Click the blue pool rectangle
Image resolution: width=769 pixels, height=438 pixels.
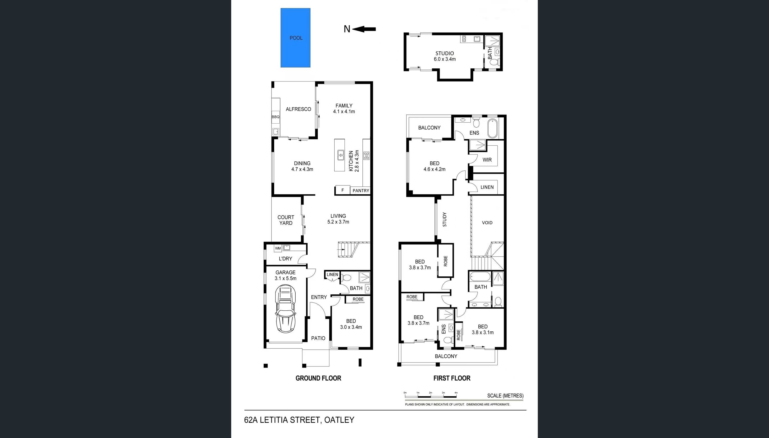tap(295, 38)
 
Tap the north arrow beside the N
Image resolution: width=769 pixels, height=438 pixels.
tap(364, 29)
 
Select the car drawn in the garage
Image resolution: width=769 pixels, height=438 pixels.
tap(286, 308)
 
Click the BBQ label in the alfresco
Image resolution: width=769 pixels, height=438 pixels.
tap(276, 117)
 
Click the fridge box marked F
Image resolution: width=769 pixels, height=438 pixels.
tap(343, 190)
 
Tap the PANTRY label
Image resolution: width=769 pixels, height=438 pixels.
tap(361, 190)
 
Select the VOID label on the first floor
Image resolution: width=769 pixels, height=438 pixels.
tap(487, 223)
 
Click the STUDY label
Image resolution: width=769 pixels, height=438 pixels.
tap(445, 219)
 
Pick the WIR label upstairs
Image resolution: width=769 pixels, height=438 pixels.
tap(487, 160)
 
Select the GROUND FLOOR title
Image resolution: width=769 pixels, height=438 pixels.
tap(318, 378)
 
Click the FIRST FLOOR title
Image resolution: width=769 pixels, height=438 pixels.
tap(452, 378)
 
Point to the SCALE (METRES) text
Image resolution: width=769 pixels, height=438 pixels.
tap(505, 396)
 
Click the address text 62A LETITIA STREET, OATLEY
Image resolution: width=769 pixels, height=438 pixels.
tap(299, 420)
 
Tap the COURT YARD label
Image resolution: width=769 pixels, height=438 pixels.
tap(286, 220)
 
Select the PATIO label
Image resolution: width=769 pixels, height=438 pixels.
tap(318, 338)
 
